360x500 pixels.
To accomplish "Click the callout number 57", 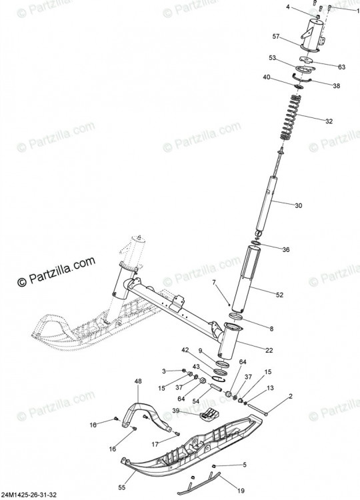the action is tap(276, 37).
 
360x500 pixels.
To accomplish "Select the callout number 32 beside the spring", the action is tap(329, 121).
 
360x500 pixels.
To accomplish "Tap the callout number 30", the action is tap(298, 206).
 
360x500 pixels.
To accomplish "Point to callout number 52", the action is tap(279, 295).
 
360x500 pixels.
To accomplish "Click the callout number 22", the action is tap(269, 350).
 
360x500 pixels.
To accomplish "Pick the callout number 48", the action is tap(138, 381).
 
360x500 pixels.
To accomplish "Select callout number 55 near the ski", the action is tap(122, 487).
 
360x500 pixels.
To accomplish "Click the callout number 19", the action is tap(241, 491).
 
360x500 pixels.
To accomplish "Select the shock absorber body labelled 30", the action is tap(266, 207).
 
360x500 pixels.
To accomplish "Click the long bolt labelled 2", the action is tap(257, 409).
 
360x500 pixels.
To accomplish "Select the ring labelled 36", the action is tap(256, 244).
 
